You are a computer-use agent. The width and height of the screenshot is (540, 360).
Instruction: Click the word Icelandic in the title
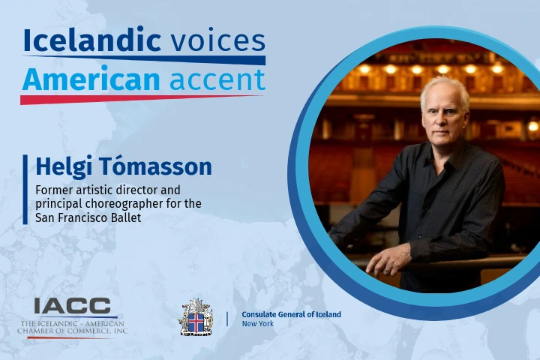click(x=92, y=40)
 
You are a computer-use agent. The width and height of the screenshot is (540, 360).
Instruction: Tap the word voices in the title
click(x=218, y=41)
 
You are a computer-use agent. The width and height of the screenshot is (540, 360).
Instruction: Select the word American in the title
click(x=91, y=79)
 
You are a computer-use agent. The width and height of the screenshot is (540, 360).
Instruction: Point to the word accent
click(x=217, y=80)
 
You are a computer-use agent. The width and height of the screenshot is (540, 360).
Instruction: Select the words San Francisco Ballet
click(x=88, y=217)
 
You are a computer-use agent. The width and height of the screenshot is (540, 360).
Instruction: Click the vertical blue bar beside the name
click(x=25, y=190)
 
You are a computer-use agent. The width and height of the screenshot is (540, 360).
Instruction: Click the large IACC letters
click(x=72, y=305)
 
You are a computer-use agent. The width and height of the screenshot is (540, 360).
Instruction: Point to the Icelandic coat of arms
click(x=195, y=317)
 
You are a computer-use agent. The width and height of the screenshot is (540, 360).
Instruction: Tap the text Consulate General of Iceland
click(x=291, y=314)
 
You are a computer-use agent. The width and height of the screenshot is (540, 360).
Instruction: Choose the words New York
click(x=258, y=323)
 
